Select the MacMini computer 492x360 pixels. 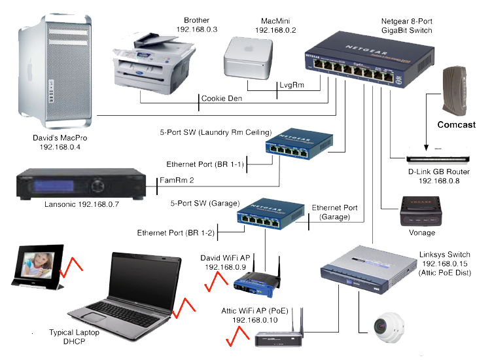pyautogui.click(x=248, y=58)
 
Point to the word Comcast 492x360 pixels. pyautogui.click(x=456, y=124)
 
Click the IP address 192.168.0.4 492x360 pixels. pyautogui.click(x=60, y=148)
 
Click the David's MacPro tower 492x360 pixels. pyautogui.click(x=58, y=69)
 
